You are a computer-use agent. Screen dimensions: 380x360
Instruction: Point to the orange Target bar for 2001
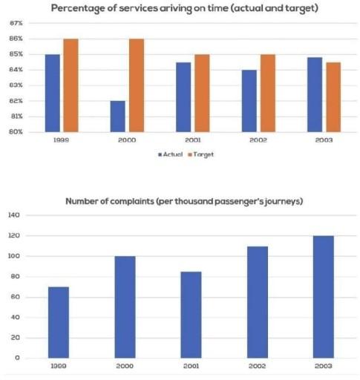coord(203,93)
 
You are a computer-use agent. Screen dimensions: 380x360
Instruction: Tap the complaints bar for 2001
coord(190,315)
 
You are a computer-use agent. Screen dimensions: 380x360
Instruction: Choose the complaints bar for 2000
coord(125,307)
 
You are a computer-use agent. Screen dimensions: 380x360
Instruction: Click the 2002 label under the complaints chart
coord(256,367)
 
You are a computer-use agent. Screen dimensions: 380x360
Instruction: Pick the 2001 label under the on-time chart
coord(191,140)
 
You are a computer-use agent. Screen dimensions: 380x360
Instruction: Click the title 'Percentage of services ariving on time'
coord(186,7)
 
